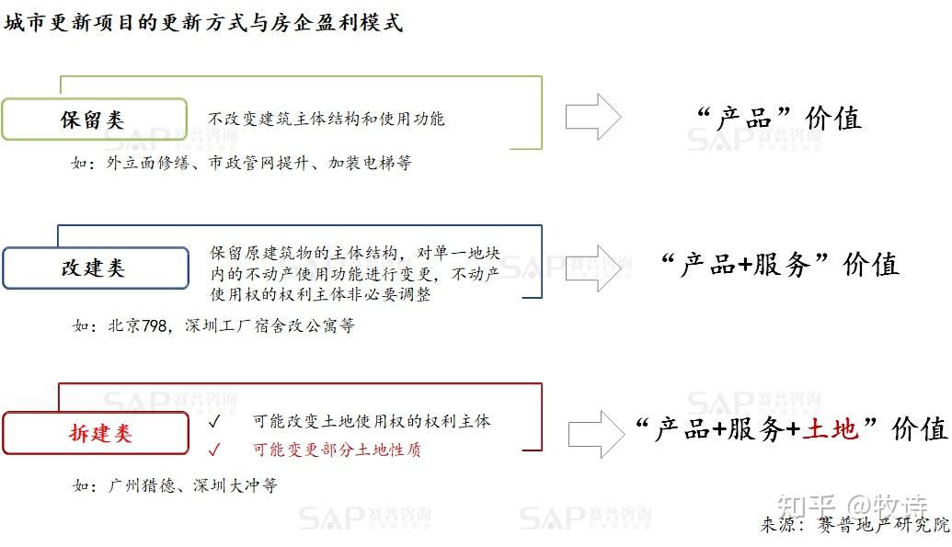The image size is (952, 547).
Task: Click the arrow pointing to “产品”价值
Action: (593, 117)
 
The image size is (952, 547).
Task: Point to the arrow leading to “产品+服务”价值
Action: (593, 268)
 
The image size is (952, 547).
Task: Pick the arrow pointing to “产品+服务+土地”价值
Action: (596, 434)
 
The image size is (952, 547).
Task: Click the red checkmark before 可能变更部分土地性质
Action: (213, 450)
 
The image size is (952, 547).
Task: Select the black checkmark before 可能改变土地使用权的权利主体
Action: (213, 421)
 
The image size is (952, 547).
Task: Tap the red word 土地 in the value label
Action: (830, 428)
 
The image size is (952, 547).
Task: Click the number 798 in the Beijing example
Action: (155, 326)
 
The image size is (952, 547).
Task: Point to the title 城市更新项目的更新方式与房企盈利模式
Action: (203, 22)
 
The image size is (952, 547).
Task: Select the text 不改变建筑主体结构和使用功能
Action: (326, 119)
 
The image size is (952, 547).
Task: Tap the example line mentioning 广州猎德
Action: (175, 485)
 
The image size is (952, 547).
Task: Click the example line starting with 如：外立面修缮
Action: (242, 163)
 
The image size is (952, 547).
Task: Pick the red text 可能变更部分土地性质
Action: (337, 450)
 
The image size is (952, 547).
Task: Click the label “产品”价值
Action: (779, 118)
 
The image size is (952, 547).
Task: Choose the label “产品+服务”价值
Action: (780, 265)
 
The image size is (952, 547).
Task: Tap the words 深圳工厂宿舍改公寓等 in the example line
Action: (270, 326)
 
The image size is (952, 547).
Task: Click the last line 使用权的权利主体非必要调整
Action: (320, 294)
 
